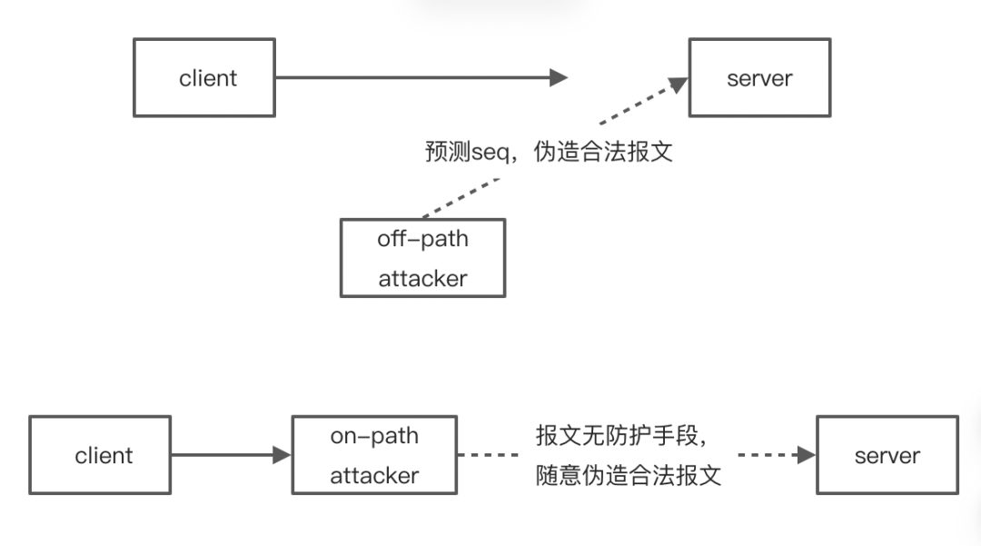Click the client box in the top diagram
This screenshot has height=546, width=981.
click(204, 78)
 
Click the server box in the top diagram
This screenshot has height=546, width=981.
click(759, 78)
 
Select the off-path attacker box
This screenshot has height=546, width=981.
click(422, 258)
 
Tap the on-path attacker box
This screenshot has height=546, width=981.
click(374, 455)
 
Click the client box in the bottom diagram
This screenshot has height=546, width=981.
click(100, 455)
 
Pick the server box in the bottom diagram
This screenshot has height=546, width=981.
click(887, 455)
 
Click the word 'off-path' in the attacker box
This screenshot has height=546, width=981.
click(422, 239)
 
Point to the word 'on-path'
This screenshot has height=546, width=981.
click(374, 436)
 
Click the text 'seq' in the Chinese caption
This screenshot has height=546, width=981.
click(490, 152)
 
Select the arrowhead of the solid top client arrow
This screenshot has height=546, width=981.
click(560, 78)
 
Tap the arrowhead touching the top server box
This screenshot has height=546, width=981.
click(678, 85)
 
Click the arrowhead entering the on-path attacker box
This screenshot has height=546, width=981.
click(282, 455)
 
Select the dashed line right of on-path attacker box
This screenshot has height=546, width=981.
click(488, 455)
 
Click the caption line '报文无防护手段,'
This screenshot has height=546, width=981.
click(621, 436)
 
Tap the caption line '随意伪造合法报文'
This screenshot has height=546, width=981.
click(629, 475)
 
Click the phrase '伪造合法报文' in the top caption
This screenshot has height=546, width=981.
click(603, 152)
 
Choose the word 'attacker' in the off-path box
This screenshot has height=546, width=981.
click(422, 279)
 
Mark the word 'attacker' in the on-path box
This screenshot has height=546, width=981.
click(374, 475)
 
